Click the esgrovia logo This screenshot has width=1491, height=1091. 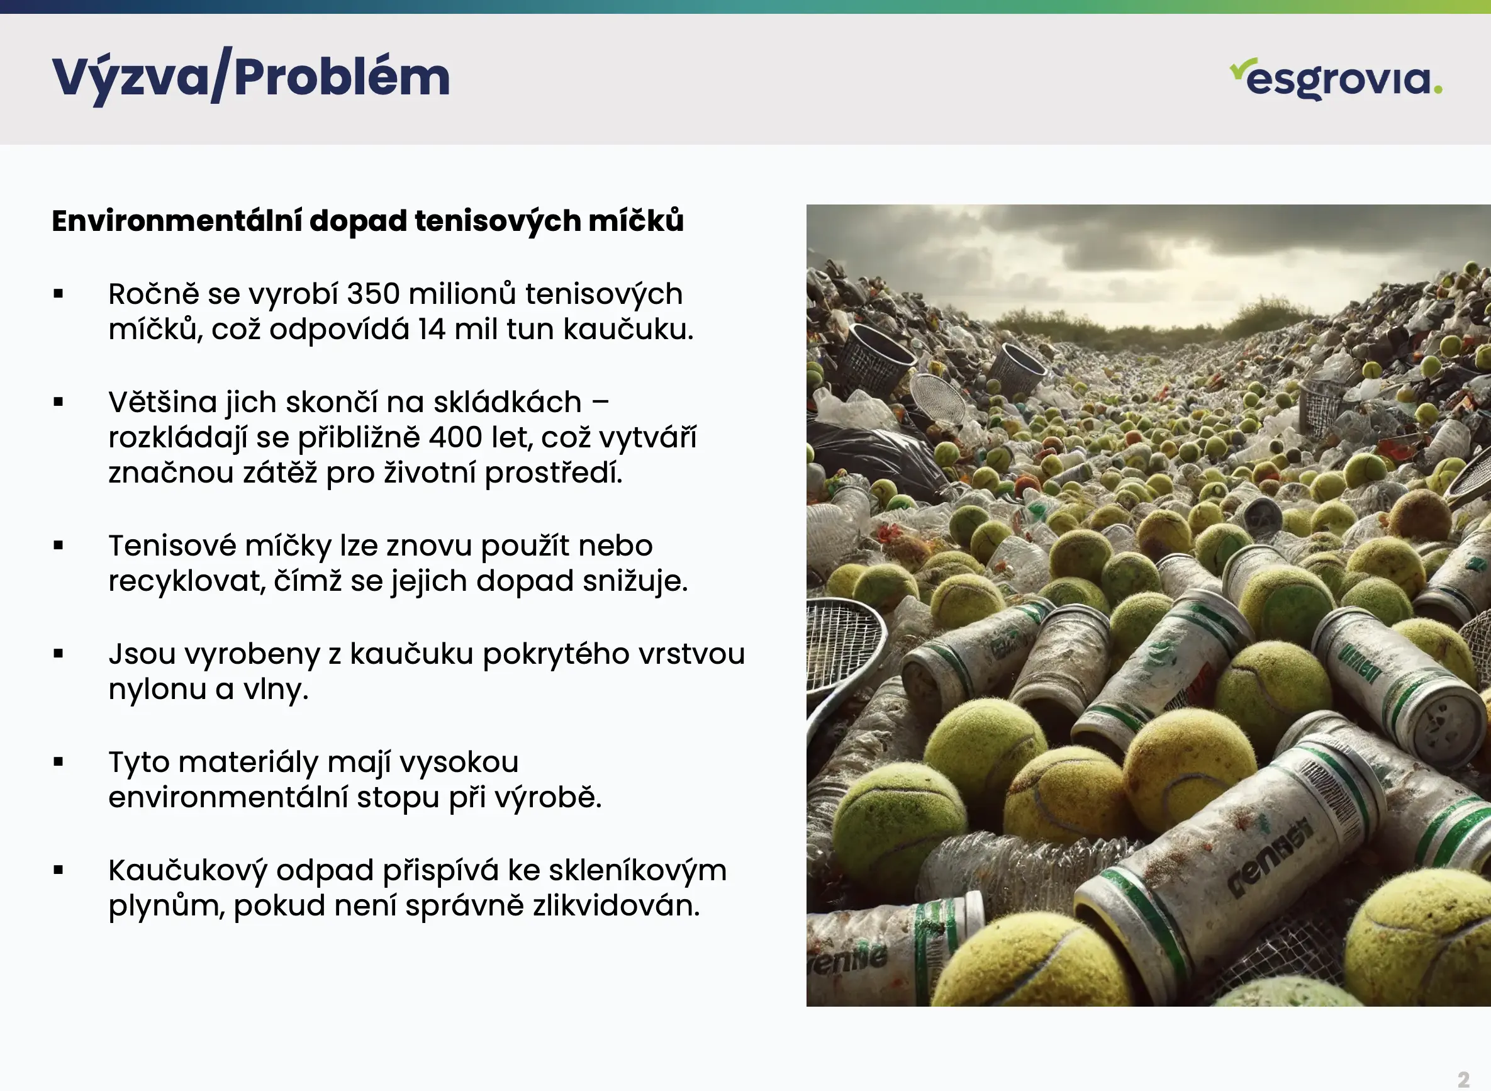[x=1336, y=79]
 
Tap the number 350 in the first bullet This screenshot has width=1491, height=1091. [x=373, y=294]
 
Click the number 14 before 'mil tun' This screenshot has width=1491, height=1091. [x=431, y=329]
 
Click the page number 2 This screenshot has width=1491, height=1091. [x=1463, y=1079]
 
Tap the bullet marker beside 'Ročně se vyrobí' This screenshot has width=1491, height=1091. [x=59, y=294]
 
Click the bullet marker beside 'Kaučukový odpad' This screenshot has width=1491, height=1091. [x=59, y=870]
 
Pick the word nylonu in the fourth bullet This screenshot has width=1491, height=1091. [x=157, y=690]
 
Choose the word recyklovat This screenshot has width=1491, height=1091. [x=187, y=581]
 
